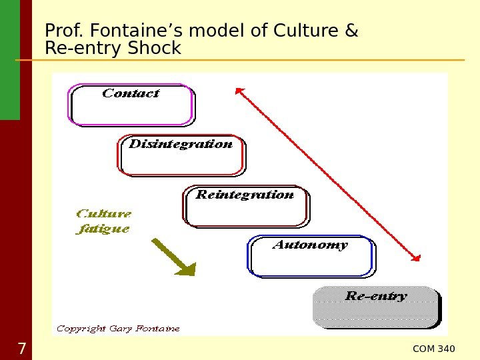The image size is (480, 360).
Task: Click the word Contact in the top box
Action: click(131, 94)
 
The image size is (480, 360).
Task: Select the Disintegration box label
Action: click(181, 144)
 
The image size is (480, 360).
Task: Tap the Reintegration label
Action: click(245, 195)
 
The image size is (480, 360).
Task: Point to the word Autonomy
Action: click(310, 245)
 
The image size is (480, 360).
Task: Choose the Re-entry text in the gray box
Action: click(376, 297)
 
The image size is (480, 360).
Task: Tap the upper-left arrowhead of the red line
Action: click(239, 91)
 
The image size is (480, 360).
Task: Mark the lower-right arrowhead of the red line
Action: click(417, 258)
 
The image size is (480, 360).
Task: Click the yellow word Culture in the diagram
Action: click(104, 214)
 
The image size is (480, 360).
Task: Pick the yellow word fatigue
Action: click(103, 229)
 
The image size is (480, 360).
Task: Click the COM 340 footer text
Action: click(434, 349)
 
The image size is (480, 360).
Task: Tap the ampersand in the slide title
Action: click(352, 31)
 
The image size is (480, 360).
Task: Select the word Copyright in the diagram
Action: click(81, 329)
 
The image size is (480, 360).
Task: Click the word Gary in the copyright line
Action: click(121, 329)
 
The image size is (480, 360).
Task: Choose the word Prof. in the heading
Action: click(64, 31)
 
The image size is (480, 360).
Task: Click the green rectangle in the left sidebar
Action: click(10, 60)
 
